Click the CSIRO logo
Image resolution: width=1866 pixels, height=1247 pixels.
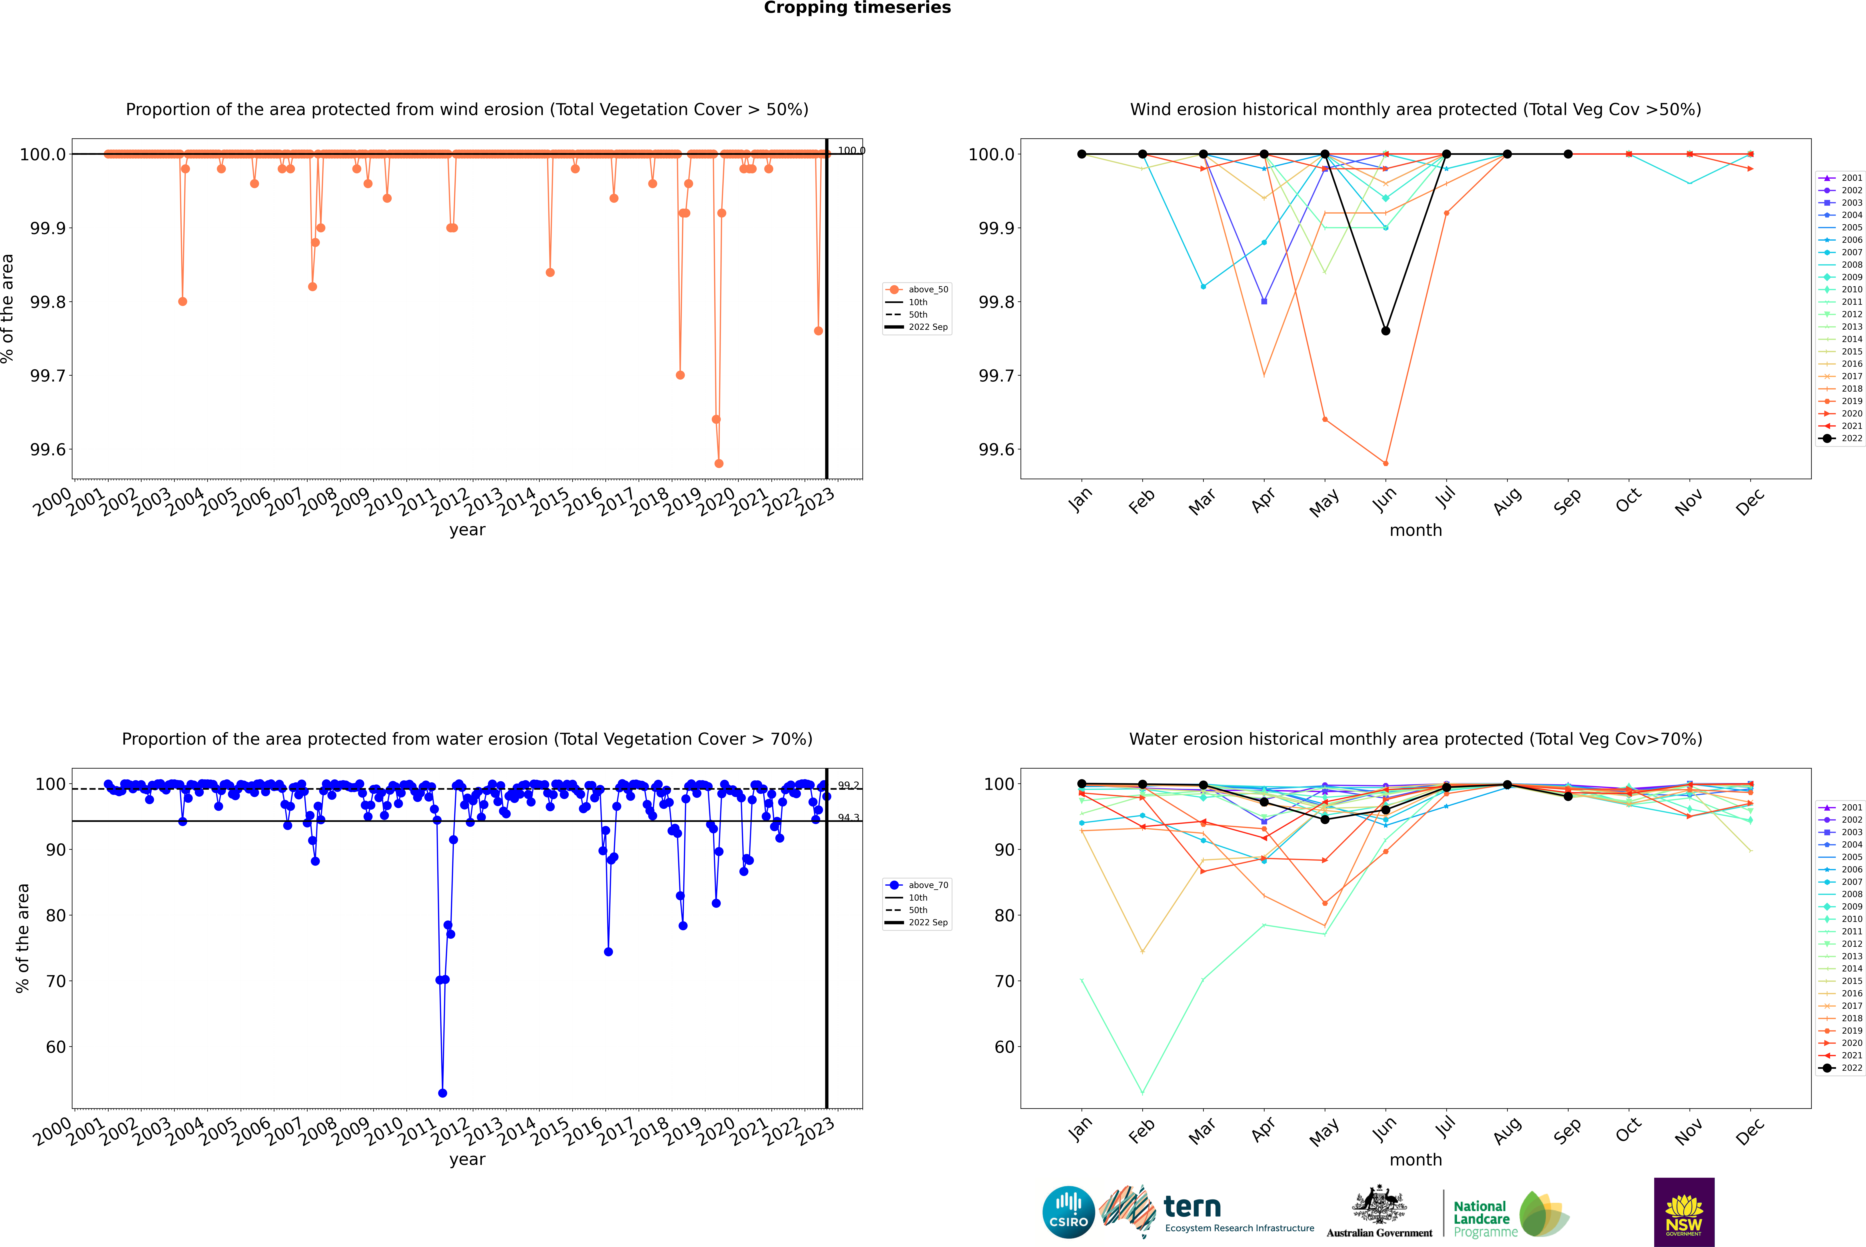[1068, 1212]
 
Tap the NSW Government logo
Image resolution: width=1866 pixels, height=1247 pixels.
[1684, 1212]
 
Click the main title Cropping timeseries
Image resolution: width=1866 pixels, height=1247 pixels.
[857, 8]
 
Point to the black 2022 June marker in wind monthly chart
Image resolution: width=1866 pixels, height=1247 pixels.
[1386, 331]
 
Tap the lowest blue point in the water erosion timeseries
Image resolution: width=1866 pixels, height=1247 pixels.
[442, 1093]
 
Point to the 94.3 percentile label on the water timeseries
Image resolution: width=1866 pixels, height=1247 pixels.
[848, 818]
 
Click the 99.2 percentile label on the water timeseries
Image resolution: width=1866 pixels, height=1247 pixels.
[848, 786]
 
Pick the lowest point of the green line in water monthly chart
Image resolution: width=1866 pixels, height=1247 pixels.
[1143, 1093]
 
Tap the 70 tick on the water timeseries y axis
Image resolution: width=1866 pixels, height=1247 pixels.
[56, 981]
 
